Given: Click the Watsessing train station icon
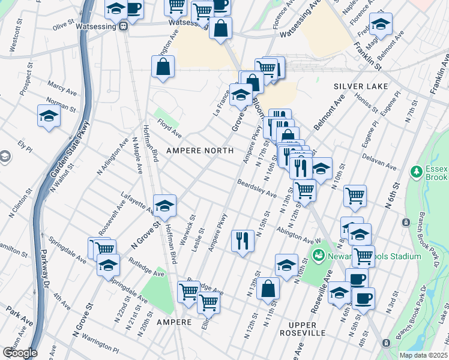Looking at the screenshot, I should coord(124,26).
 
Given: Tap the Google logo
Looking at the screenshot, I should coord(19,353).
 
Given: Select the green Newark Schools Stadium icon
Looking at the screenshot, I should coord(318,256).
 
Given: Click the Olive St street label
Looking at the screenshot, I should coord(62,26).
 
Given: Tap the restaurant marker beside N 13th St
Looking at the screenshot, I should coord(242,241).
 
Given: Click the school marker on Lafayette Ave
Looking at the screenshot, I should coord(164,205).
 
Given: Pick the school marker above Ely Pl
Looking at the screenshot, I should coord(49,115).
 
